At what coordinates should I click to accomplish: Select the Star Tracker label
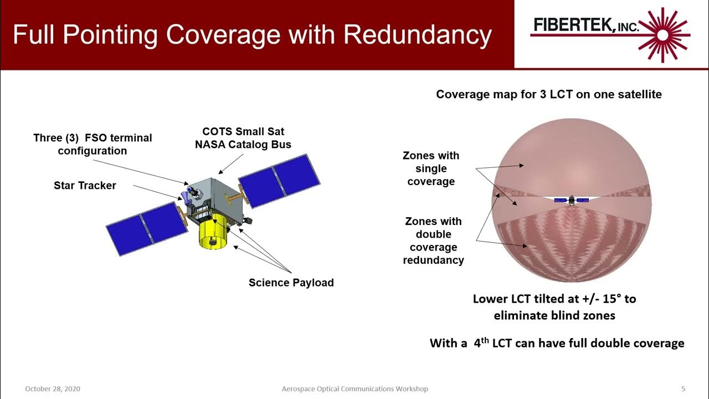pyautogui.click(x=85, y=186)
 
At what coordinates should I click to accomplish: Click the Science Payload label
pyautogui.click(x=291, y=283)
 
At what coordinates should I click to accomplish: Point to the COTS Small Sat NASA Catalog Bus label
pyautogui.click(x=243, y=138)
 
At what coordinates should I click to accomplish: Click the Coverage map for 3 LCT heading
pyautogui.click(x=548, y=94)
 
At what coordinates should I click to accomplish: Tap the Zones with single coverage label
pyautogui.click(x=431, y=168)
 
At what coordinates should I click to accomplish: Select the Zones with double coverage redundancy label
pyautogui.click(x=433, y=241)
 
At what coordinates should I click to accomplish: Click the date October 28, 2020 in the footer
pyautogui.click(x=53, y=389)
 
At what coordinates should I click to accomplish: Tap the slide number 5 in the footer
pyautogui.click(x=683, y=389)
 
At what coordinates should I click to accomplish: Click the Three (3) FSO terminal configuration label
pyautogui.click(x=93, y=144)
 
